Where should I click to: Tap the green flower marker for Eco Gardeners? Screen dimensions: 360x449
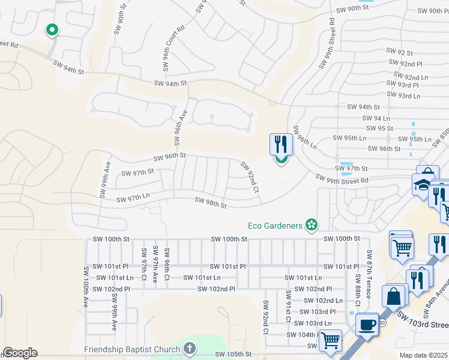point(312,225)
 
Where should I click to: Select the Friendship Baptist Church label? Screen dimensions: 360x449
point(132,349)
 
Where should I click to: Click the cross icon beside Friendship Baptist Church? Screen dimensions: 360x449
point(189,349)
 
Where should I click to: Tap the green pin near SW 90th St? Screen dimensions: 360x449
point(52,29)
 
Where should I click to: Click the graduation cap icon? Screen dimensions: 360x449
point(423,185)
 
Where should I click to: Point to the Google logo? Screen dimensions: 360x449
point(20,352)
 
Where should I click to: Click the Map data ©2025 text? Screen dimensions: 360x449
point(424,355)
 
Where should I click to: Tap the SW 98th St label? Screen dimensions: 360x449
point(211,203)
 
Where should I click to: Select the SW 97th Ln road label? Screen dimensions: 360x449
point(133,198)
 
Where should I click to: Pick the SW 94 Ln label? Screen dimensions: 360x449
point(378,118)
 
